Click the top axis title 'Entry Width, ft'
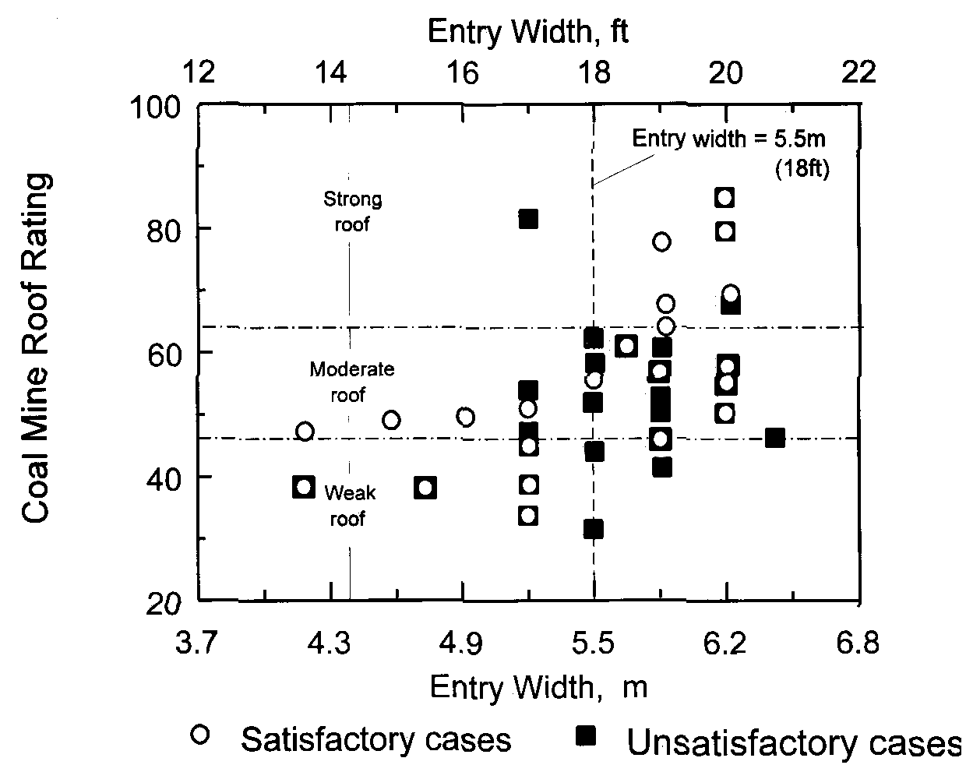click(x=528, y=32)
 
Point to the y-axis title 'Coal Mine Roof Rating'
click(x=37, y=348)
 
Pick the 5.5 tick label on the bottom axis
click(x=594, y=646)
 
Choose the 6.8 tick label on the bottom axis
click(x=858, y=646)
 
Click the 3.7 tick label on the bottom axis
click(x=200, y=646)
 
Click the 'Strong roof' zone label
click(x=352, y=212)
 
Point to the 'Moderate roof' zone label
click(x=351, y=382)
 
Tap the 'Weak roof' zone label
click(x=349, y=505)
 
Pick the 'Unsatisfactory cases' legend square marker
click(x=585, y=735)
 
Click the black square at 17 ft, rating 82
click(x=528, y=219)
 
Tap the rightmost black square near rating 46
click(x=774, y=439)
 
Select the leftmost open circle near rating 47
click(x=305, y=432)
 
